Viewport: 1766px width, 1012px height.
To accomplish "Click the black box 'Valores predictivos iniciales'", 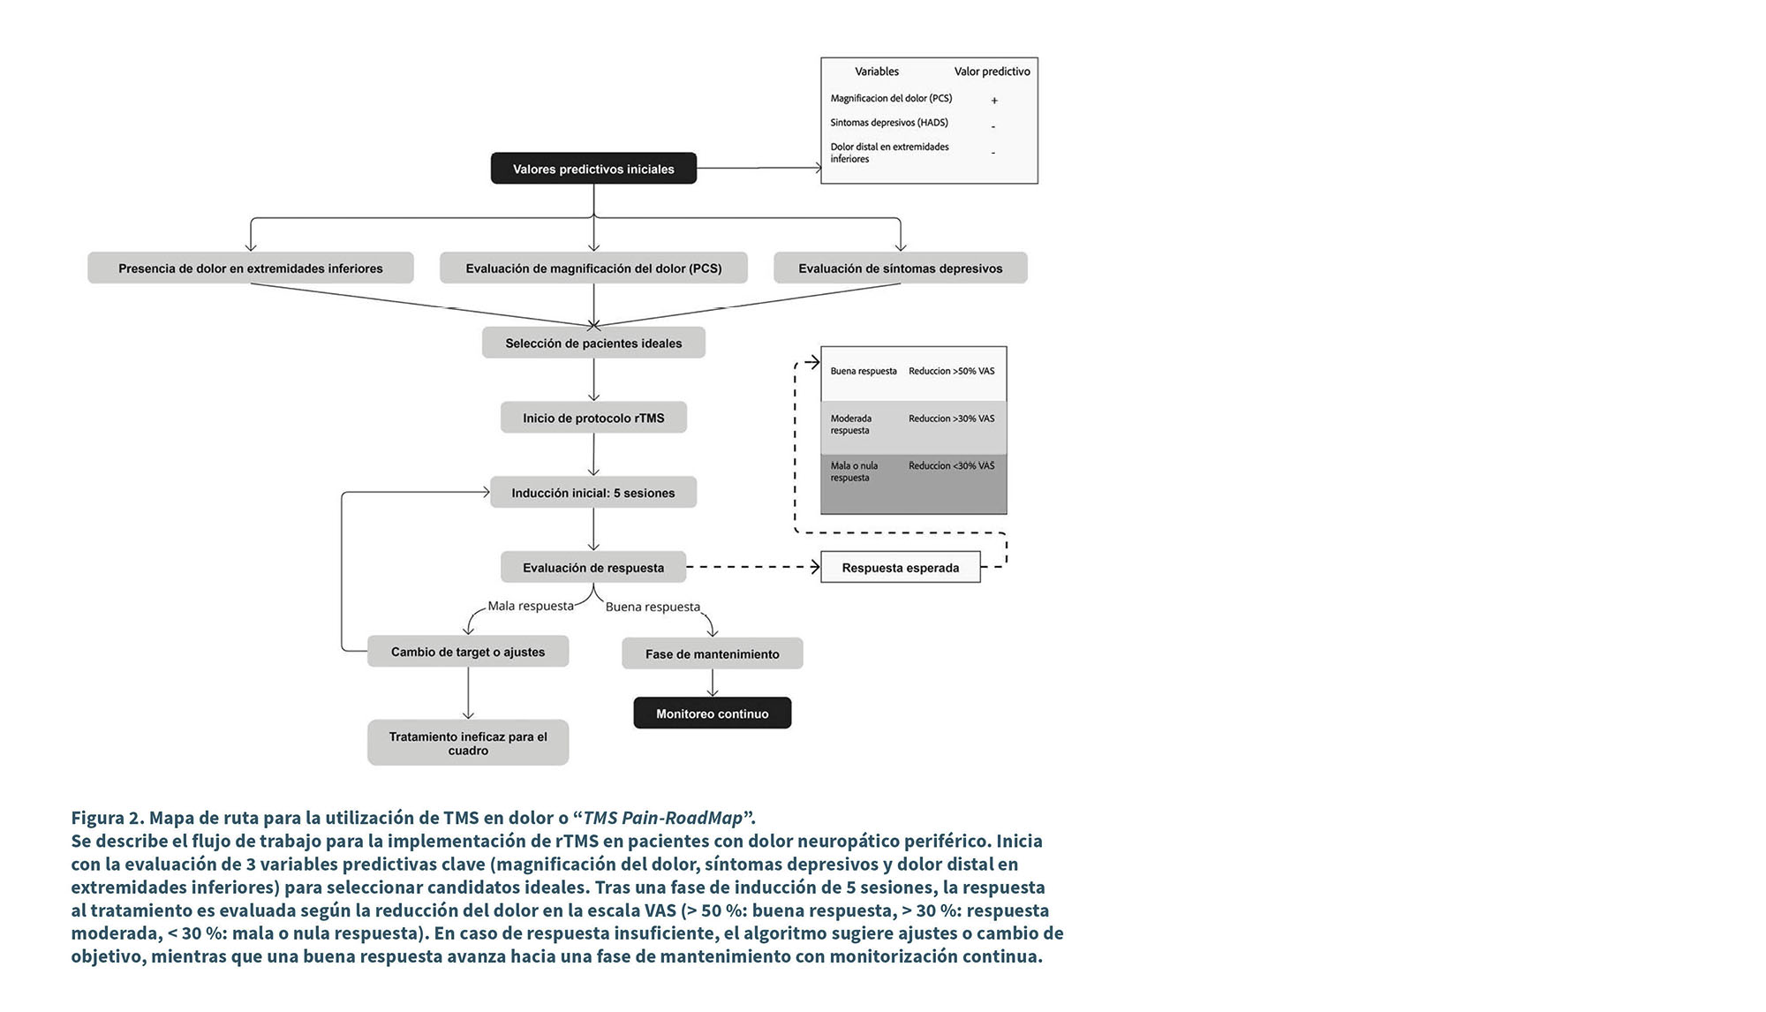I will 593,169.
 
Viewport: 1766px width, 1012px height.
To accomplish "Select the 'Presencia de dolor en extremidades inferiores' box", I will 250,268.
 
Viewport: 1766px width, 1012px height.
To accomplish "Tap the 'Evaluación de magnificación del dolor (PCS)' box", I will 593,268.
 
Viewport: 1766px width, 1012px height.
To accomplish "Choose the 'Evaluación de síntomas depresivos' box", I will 900,268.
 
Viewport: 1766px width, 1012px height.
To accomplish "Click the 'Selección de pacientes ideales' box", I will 593,343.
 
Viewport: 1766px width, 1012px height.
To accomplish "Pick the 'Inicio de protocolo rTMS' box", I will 593,418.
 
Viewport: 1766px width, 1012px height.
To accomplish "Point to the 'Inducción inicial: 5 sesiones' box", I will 593,493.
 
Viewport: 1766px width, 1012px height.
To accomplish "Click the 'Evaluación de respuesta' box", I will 593,568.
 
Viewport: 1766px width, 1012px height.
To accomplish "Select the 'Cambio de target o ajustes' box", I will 468,652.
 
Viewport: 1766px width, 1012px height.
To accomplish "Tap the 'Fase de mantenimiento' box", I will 712,654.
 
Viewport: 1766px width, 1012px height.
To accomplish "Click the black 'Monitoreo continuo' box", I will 712,714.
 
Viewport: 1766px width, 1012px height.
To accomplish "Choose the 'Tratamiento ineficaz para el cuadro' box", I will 468,743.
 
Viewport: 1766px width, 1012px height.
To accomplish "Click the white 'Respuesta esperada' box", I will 900,568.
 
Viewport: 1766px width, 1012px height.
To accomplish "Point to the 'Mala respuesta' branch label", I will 531,607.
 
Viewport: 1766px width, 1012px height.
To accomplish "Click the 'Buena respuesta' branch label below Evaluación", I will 653,608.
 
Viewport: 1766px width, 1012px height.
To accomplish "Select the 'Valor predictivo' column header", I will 992,72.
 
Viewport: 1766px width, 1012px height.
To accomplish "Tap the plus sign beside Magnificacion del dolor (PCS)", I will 994,101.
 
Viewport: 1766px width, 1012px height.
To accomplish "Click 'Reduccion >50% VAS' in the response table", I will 951,371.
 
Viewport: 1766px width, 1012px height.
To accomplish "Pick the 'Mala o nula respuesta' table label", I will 854,472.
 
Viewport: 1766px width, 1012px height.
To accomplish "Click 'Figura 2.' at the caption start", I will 107,818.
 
